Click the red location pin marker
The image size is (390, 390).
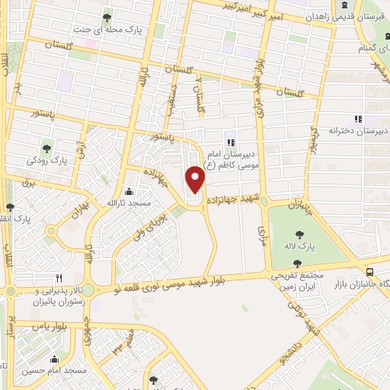197,181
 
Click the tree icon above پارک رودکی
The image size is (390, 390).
48,148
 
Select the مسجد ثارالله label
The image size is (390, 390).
127,203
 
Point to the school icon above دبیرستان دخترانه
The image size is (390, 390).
356,119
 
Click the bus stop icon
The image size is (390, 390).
369,271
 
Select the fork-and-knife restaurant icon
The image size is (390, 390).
59,277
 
